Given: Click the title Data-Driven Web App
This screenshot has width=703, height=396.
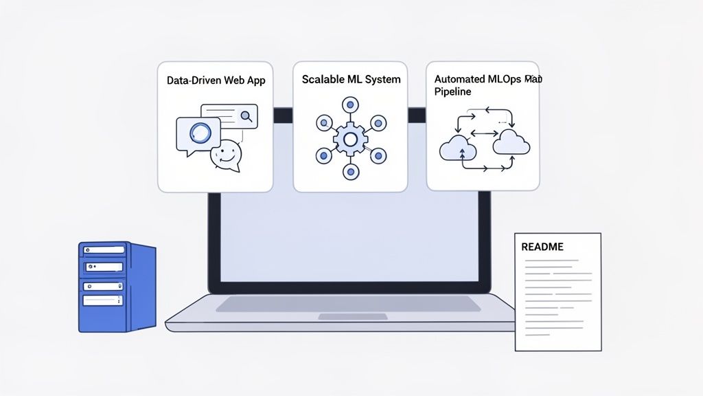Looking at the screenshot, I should click(x=216, y=80).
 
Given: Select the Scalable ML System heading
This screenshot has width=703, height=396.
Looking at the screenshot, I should click(x=351, y=80).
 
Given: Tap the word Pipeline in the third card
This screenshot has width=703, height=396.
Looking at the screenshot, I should click(x=452, y=91).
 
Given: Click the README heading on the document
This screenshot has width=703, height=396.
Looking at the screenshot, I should click(x=542, y=247).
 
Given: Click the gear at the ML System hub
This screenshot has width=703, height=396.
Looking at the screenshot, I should click(x=350, y=140).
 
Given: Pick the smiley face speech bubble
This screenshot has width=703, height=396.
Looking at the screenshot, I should click(x=227, y=155).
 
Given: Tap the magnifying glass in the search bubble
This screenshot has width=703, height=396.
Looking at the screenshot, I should click(x=246, y=116).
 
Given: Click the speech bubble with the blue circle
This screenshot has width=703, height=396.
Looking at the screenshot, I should click(x=198, y=133).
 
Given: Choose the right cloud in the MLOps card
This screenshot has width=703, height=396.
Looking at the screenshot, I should click(x=511, y=142).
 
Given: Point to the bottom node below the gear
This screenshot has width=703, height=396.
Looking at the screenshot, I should click(x=350, y=173).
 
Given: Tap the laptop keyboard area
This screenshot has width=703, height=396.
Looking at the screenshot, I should click(x=349, y=304).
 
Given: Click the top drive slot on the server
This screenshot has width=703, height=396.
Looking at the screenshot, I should click(x=104, y=252).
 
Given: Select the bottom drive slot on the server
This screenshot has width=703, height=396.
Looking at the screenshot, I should click(x=104, y=300).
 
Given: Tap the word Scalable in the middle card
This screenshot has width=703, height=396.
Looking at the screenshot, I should click(x=323, y=80).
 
